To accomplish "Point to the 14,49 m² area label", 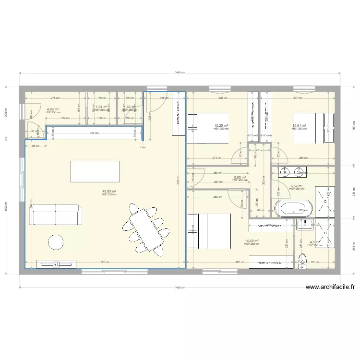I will [252, 241].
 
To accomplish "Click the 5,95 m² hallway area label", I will [240, 178].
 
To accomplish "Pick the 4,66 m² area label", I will [53, 109].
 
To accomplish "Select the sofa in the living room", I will [55, 215].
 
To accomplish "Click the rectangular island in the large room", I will [95, 171].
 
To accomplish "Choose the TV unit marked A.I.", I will [56, 264].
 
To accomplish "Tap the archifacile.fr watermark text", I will [330, 288].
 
